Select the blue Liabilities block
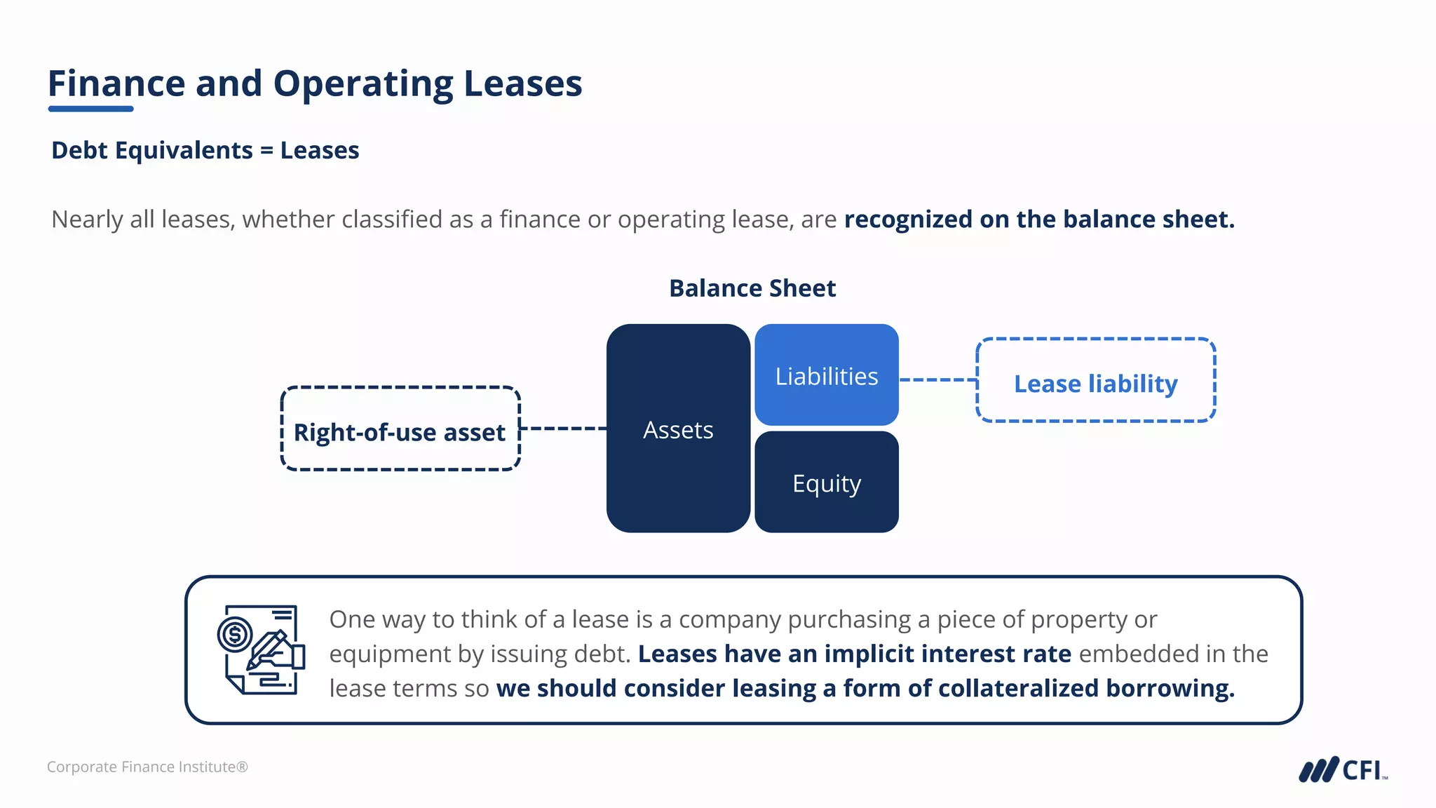[x=826, y=375]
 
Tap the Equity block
[x=826, y=483]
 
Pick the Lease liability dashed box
[x=1095, y=381]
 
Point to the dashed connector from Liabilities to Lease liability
[x=937, y=380]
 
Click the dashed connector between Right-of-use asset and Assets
[x=563, y=428]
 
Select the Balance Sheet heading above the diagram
[x=752, y=288]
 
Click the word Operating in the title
[x=363, y=84]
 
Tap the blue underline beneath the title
[x=90, y=109]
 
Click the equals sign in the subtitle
[x=266, y=151]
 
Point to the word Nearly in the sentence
[x=87, y=220]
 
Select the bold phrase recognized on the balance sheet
[x=1038, y=220]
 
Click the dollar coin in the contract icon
[x=234, y=635]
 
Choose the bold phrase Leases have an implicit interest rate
[x=854, y=654]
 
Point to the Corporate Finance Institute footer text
[x=147, y=767]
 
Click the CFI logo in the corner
[x=1343, y=769]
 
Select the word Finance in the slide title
[x=116, y=84]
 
